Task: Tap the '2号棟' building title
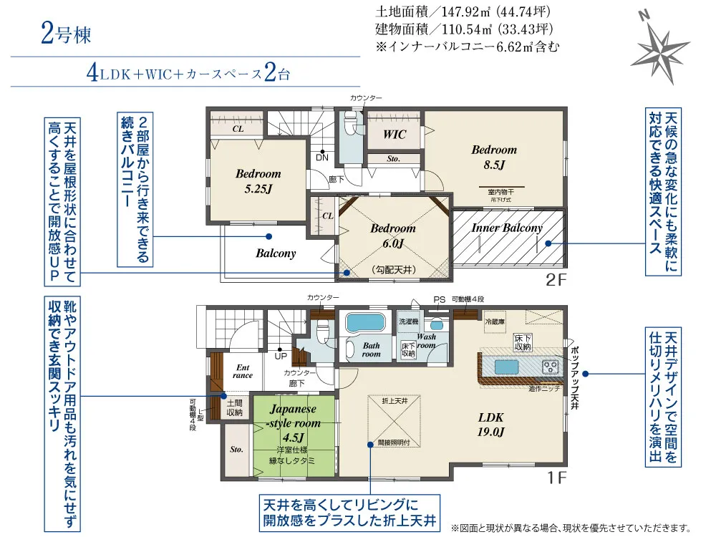coord(66,34)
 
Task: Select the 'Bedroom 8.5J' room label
coord(494,157)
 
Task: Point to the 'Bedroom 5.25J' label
coord(258,180)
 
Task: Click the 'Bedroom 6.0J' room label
coord(393,236)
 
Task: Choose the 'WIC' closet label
coord(395,135)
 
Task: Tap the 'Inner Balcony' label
coord(507,228)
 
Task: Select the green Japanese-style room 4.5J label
coord(293,422)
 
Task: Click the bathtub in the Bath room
coord(366,323)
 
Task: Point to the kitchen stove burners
coord(551,367)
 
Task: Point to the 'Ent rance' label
coord(243,371)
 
